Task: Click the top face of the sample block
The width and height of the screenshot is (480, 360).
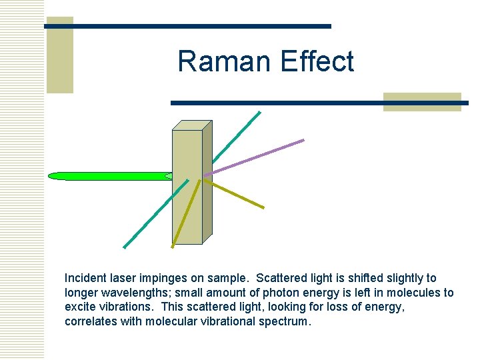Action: [192, 125]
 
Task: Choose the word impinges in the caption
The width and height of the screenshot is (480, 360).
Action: [167, 278]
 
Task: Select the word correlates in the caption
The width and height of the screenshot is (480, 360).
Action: [91, 322]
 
